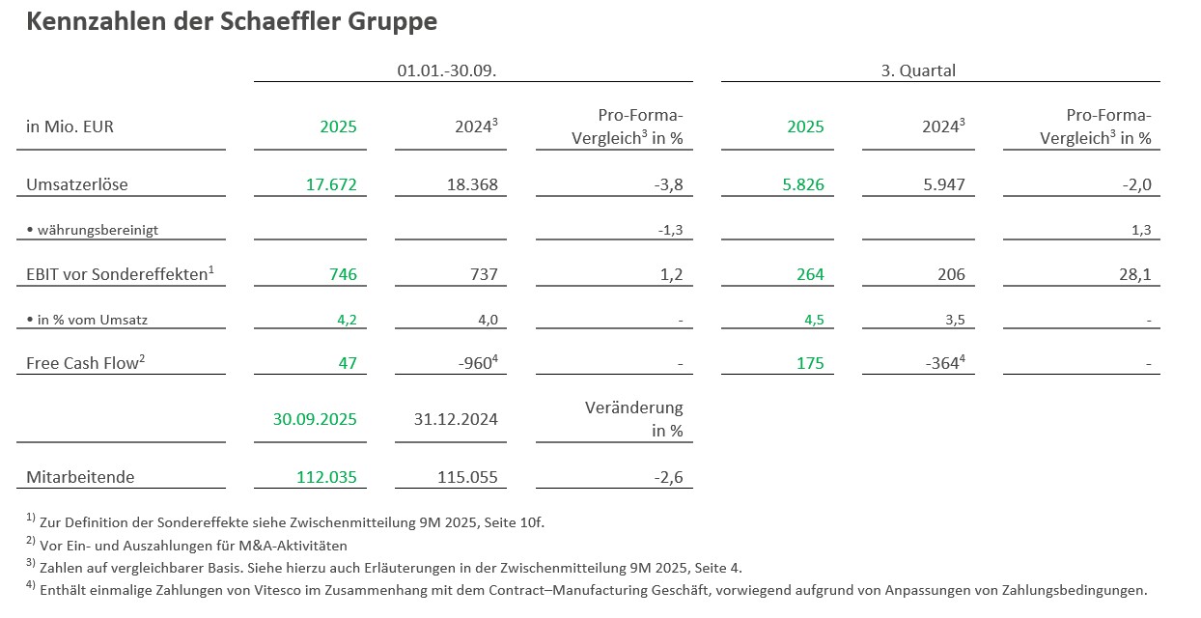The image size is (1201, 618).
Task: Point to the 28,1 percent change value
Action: click(x=1134, y=274)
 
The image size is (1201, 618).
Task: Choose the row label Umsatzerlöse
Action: click(x=76, y=183)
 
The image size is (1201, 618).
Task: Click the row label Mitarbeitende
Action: click(x=80, y=477)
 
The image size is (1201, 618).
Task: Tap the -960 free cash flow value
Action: click(x=475, y=363)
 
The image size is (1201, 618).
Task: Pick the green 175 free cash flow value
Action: click(x=810, y=363)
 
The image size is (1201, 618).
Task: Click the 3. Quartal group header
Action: click(x=918, y=70)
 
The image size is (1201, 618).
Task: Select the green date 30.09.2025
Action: click(x=314, y=419)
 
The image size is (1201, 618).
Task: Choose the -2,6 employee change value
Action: click(x=667, y=477)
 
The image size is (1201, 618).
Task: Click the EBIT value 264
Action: click(x=810, y=274)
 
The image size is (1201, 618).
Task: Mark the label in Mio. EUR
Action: click(x=70, y=126)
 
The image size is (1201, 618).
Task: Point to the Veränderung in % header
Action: click(x=635, y=419)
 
